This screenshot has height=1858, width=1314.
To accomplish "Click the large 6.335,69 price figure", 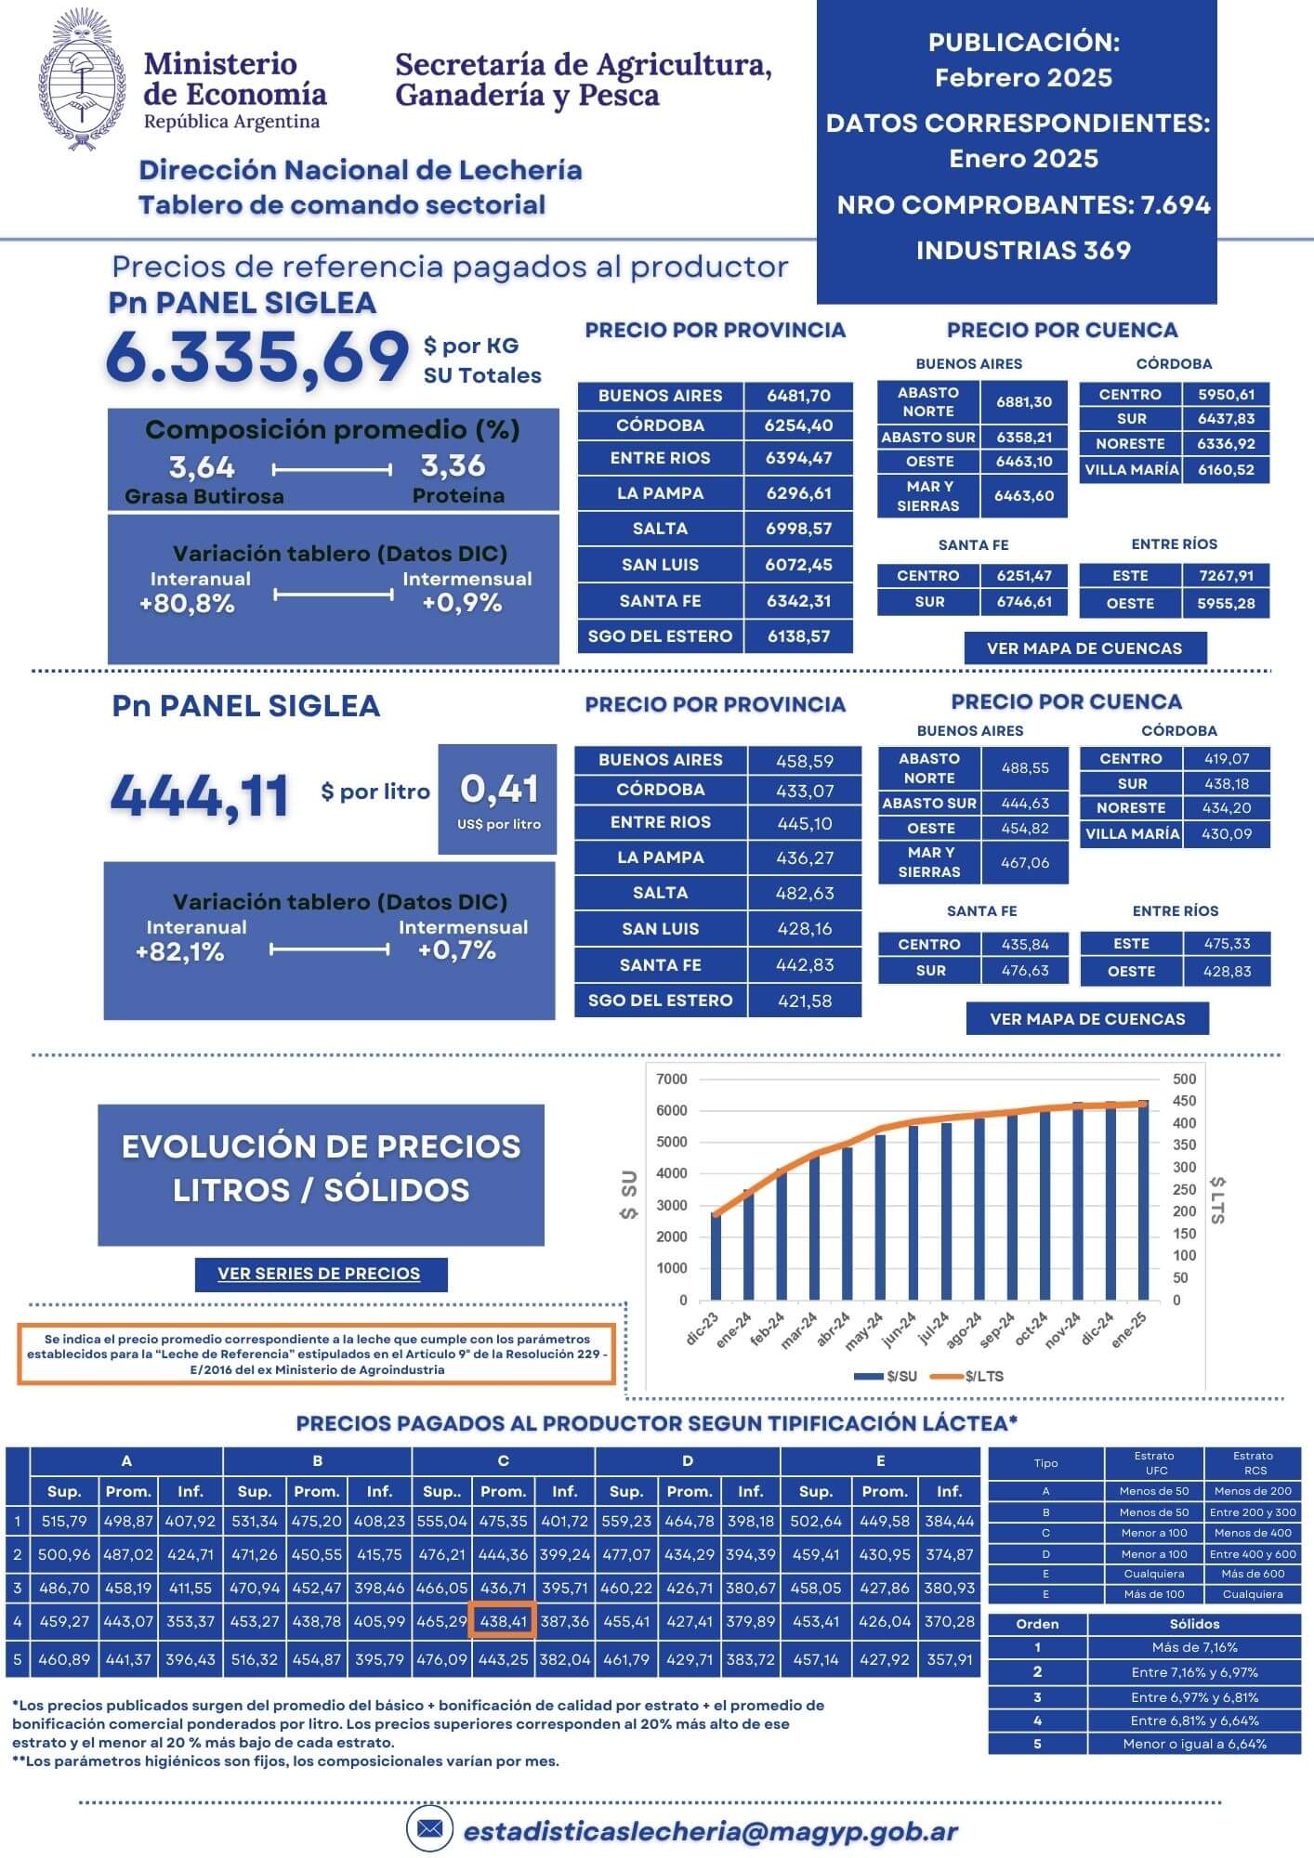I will click(x=257, y=358).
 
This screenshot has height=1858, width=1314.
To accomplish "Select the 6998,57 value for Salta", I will click(x=798, y=529).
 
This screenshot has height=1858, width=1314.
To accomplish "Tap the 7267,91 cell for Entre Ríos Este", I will click(x=1226, y=576).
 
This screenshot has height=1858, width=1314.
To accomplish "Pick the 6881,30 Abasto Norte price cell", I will click(x=1023, y=402).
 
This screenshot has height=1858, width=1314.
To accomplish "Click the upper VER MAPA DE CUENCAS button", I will click(x=1084, y=648).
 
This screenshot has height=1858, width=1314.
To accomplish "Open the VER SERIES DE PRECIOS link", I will click(x=320, y=1274).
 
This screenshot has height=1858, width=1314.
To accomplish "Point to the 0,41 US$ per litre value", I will click(x=499, y=790).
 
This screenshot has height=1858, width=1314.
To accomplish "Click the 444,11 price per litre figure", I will click(x=200, y=796).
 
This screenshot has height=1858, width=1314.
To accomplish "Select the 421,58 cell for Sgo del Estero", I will click(x=804, y=1001).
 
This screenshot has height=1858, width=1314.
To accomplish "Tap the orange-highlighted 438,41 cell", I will click(x=503, y=1621).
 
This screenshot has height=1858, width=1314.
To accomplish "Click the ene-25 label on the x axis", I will click(x=1129, y=1329).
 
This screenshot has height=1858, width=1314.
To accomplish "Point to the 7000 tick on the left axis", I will click(x=671, y=1079).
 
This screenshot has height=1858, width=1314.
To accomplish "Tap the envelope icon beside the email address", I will click(x=429, y=1828).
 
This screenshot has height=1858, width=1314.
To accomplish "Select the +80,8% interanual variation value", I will click(x=187, y=604).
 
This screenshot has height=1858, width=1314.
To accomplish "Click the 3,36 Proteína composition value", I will click(x=453, y=465).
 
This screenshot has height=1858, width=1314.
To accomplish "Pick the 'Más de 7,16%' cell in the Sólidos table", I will click(x=1194, y=1647).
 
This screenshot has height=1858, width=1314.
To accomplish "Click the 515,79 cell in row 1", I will click(x=64, y=1522).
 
